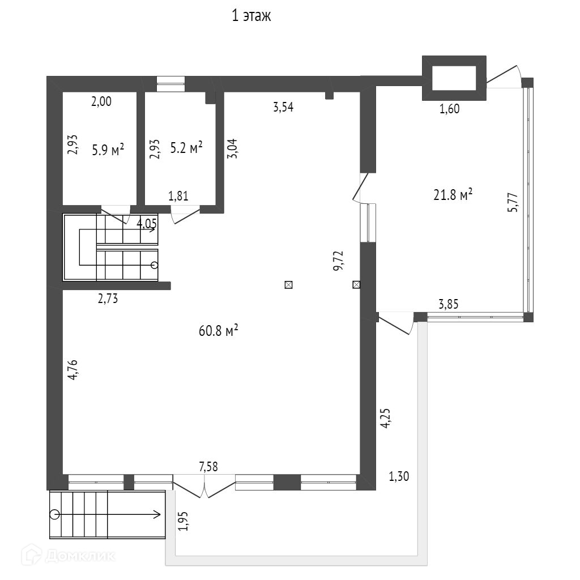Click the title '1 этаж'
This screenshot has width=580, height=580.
coord(251,16)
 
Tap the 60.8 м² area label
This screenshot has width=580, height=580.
coord(218,331)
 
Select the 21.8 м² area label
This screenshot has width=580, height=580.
coord(453,196)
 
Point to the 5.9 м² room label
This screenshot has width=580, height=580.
coord(108,150)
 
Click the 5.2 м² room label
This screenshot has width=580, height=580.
coord(186,148)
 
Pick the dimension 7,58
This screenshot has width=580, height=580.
coord(208,466)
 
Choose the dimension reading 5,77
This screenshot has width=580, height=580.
coord(512,202)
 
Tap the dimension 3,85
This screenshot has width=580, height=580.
coord(448,304)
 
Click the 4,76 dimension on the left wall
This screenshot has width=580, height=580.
coord(73,370)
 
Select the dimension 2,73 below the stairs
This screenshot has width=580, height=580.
coord(108,299)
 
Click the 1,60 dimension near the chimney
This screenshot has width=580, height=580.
coord(449,109)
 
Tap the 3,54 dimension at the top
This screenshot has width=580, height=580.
coord(283,108)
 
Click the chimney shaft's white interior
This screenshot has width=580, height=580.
coord(454,78)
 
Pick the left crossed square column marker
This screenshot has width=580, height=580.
coord(288,285)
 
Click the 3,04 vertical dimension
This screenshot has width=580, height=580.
coord(231,150)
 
